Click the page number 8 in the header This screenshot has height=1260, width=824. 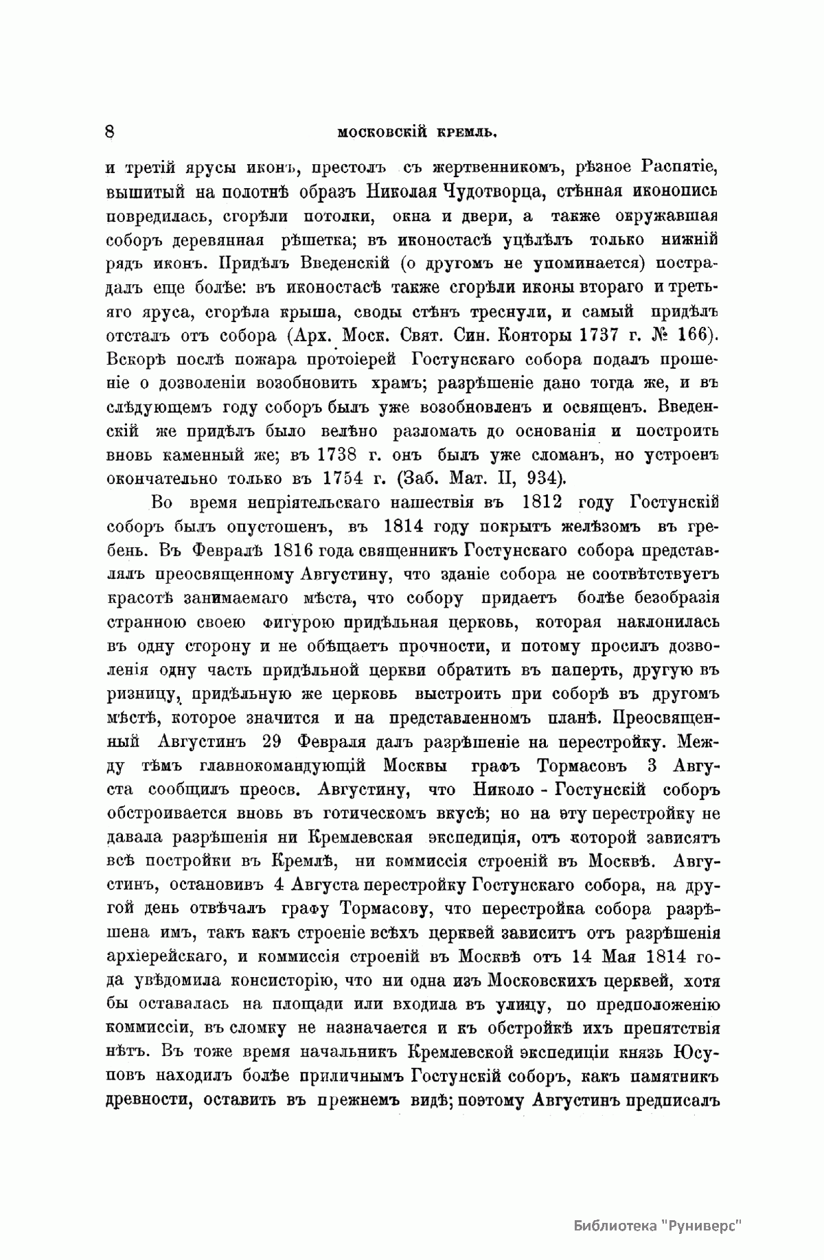[x=110, y=131]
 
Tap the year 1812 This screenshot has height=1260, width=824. [x=542, y=503]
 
